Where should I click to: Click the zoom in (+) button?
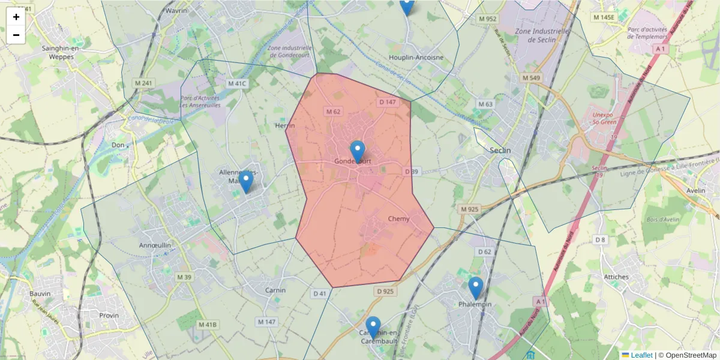pos(16,17)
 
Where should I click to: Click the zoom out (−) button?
pos(16,35)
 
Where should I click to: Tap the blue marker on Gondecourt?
pos(358,151)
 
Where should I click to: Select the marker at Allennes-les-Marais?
pos(246,182)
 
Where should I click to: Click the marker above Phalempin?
pos(476,288)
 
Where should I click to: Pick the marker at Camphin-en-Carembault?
pos(373,327)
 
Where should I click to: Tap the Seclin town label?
pos(500,151)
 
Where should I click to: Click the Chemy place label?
pos(399,219)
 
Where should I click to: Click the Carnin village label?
pos(275,290)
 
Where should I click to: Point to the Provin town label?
pos(109,315)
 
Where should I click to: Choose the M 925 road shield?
pos(469,209)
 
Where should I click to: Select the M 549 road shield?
pos(531,78)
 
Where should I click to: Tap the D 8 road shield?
pos(600,240)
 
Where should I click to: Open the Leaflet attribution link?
pos(641,355)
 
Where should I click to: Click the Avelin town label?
pos(696,191)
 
